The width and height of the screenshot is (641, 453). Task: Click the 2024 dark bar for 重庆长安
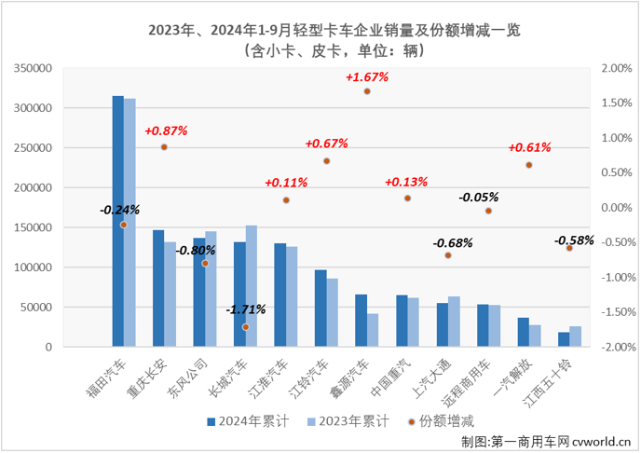pyautogui.click(x=158, y=288)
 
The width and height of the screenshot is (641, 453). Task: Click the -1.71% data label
pyautogui.click(x=245, y=309)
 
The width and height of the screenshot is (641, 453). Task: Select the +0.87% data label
pyautogui.click(x=166, y=131)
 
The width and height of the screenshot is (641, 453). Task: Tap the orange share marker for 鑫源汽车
pyautogui.click(x=367, y=91)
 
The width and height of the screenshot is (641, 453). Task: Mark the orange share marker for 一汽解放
pyautogui.click(x=528, y=165)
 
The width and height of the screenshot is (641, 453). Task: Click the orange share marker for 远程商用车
pyautogui.click(x=488, y=212)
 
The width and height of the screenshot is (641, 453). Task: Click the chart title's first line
pyautogui.click(x=320, y=30)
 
